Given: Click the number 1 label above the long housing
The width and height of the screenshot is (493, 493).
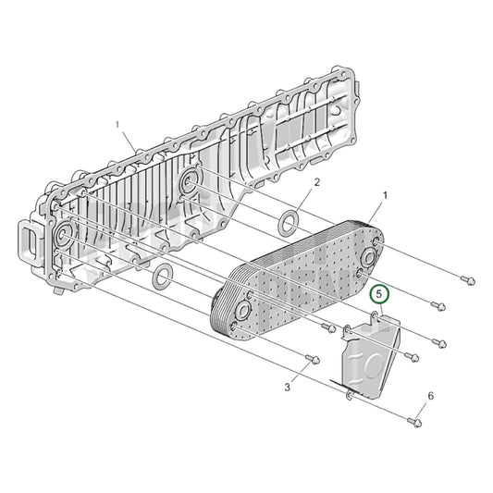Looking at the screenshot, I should point(117,123).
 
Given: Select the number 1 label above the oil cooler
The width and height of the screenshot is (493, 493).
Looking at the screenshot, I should point(385,196).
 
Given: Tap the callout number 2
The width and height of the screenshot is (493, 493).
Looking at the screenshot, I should point(316,183).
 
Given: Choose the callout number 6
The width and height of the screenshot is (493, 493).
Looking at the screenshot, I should point(430,397).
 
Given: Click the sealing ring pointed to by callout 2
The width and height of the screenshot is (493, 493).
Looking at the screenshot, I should point(289,221).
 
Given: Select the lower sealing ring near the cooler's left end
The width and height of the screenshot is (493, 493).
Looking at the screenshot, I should point(162,276).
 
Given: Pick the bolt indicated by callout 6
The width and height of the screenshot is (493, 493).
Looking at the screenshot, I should point(415,423).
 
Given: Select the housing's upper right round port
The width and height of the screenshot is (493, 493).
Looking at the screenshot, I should point(191,179).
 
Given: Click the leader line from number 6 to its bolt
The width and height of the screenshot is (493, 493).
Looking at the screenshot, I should point(424,410).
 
